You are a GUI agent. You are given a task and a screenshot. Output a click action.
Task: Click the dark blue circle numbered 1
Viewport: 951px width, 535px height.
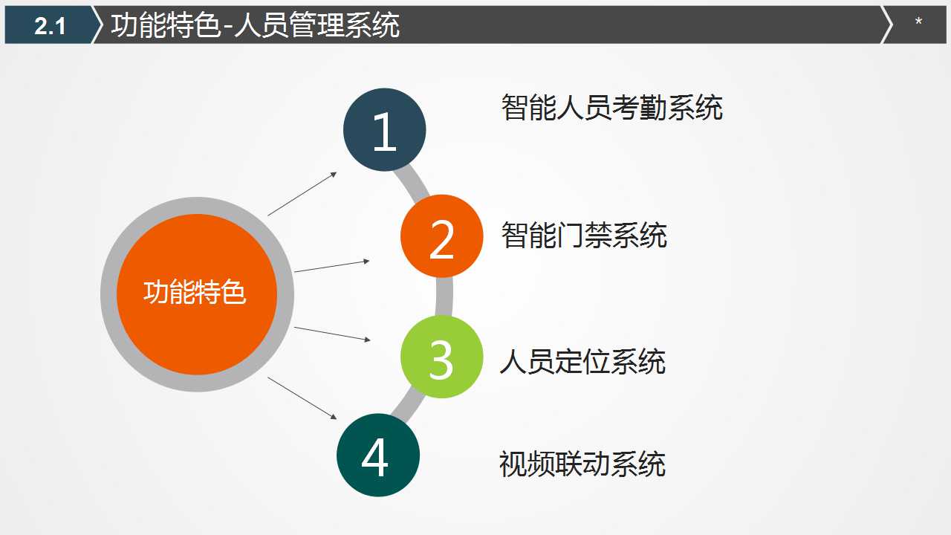click(384, 130)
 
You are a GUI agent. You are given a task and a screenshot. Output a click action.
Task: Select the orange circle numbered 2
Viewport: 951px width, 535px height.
click(441, 237)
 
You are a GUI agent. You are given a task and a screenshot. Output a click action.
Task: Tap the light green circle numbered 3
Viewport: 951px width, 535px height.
click(441, 357)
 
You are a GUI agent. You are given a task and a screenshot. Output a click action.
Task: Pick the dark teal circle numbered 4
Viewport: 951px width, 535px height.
click(377, 455)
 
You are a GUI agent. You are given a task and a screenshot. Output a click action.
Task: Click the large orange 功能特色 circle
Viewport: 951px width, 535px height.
click(196, 294)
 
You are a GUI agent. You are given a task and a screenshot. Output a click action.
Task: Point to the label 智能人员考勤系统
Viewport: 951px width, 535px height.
click(611, 108)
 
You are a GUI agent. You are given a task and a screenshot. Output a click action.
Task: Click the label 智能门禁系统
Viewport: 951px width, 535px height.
click(584, 236)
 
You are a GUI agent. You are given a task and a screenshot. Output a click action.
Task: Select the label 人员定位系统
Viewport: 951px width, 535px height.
click(582, 363)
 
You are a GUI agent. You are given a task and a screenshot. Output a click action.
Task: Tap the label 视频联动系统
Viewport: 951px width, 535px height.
click(582, 464)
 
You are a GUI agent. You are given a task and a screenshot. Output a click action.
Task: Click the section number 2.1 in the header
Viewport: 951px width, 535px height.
click(50, 26)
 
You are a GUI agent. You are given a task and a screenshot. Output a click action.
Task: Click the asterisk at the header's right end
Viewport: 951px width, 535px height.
click(918, 23)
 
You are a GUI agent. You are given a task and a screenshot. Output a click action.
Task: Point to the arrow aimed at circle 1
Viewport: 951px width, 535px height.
click(302, 194)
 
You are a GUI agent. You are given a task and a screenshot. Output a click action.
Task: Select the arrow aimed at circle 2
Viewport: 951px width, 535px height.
click(331, 266)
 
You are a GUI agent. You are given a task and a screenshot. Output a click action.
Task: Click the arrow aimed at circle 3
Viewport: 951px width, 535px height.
click(331, 334)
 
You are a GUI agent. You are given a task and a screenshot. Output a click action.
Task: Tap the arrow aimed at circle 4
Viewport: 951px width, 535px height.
click(302, 398)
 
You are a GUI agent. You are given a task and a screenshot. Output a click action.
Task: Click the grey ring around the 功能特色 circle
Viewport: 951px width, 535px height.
click(108, 294)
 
